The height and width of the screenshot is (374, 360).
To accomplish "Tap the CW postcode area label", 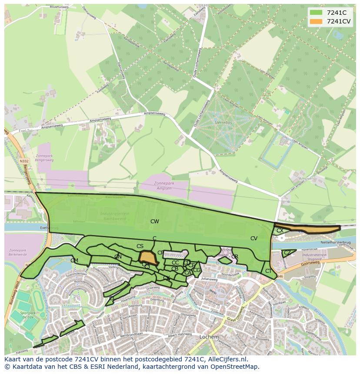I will coord(154,222).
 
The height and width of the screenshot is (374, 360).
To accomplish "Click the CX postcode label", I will coord(280,231).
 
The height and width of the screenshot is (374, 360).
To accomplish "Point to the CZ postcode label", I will coord(287,252).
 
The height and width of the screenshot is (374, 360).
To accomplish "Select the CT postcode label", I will coord(268,271).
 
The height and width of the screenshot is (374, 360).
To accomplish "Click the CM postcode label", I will coord(74,261).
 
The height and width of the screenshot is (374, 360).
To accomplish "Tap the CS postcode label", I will coord(140,246).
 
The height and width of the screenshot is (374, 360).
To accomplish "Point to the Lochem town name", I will coord(209,337).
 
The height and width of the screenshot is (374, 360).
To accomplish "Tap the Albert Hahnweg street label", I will coord(179,334).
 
